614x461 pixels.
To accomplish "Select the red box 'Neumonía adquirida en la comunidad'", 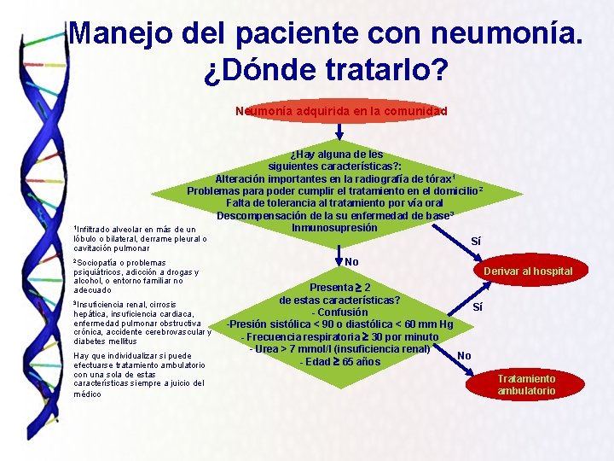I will (x=341, y=111).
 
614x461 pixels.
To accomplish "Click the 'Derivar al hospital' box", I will (x=528, y=271).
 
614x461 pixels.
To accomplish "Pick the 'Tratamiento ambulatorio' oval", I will (x=526, y=384).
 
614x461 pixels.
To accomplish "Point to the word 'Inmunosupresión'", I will (x=334, y=228).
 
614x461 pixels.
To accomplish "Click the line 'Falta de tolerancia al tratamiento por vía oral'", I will (x=334, y=203).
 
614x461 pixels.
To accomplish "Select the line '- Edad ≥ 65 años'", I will (x=339, y=361).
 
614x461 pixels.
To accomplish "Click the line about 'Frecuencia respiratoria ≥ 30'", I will (x=339, y=336).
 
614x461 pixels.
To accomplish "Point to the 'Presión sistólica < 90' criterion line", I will (x=339, y=324).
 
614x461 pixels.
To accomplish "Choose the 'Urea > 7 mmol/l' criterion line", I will (x=339, y=348).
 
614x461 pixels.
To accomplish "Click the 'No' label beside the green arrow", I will (x=351, y=260).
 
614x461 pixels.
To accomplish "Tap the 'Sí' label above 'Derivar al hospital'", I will (x=475, y=242).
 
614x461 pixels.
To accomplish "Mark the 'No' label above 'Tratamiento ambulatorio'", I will (x=465, y=355).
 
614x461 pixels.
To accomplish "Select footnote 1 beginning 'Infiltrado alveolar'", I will (x=136, y=238).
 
